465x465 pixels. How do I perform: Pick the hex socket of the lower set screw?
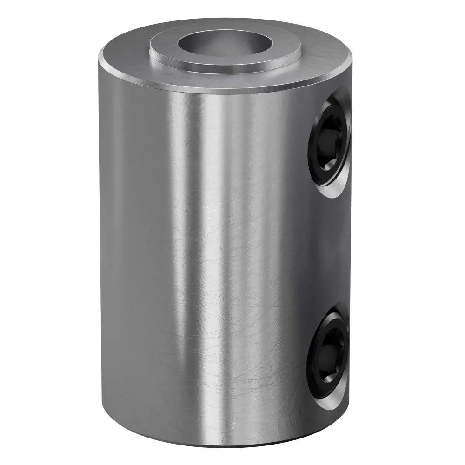point(329,354)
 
